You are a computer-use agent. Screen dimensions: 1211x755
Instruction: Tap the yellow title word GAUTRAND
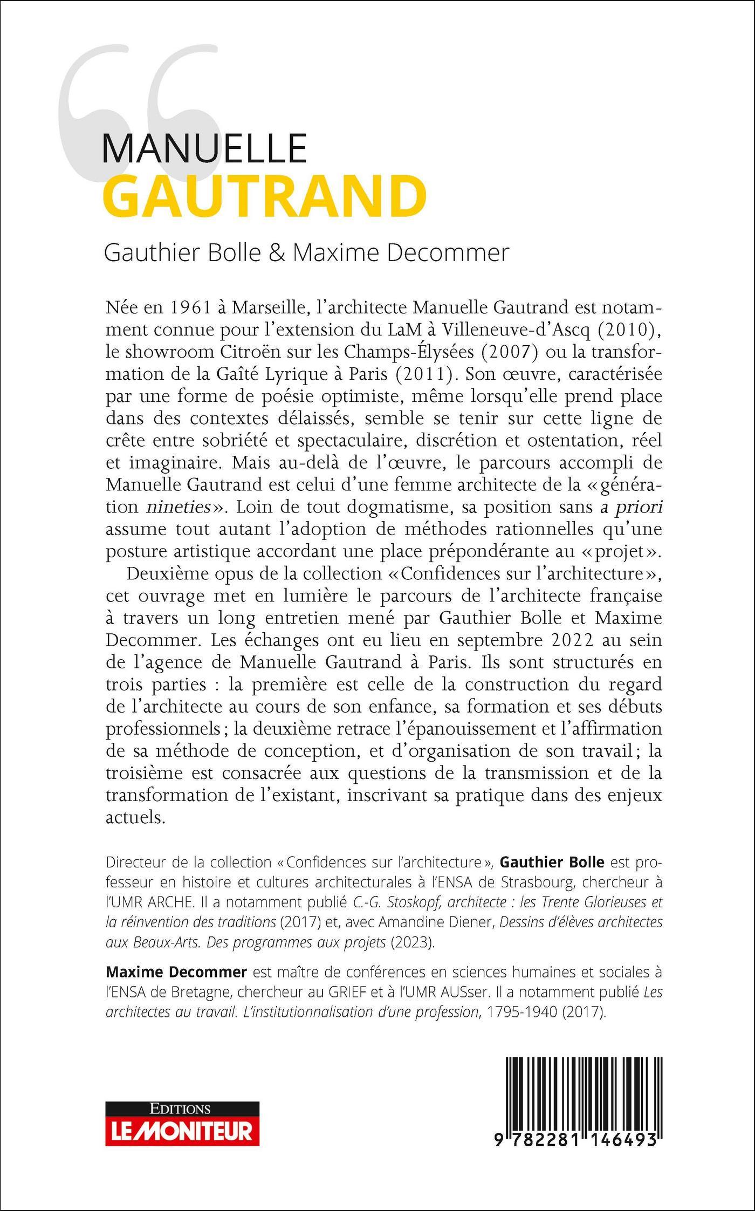(265, 196)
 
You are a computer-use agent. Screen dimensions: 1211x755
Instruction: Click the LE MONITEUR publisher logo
(182, 1126)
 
